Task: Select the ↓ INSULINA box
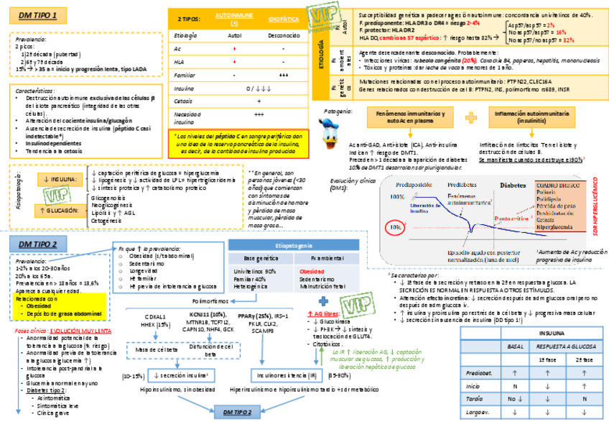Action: point(61,179)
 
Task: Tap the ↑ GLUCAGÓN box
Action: point(61,209)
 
